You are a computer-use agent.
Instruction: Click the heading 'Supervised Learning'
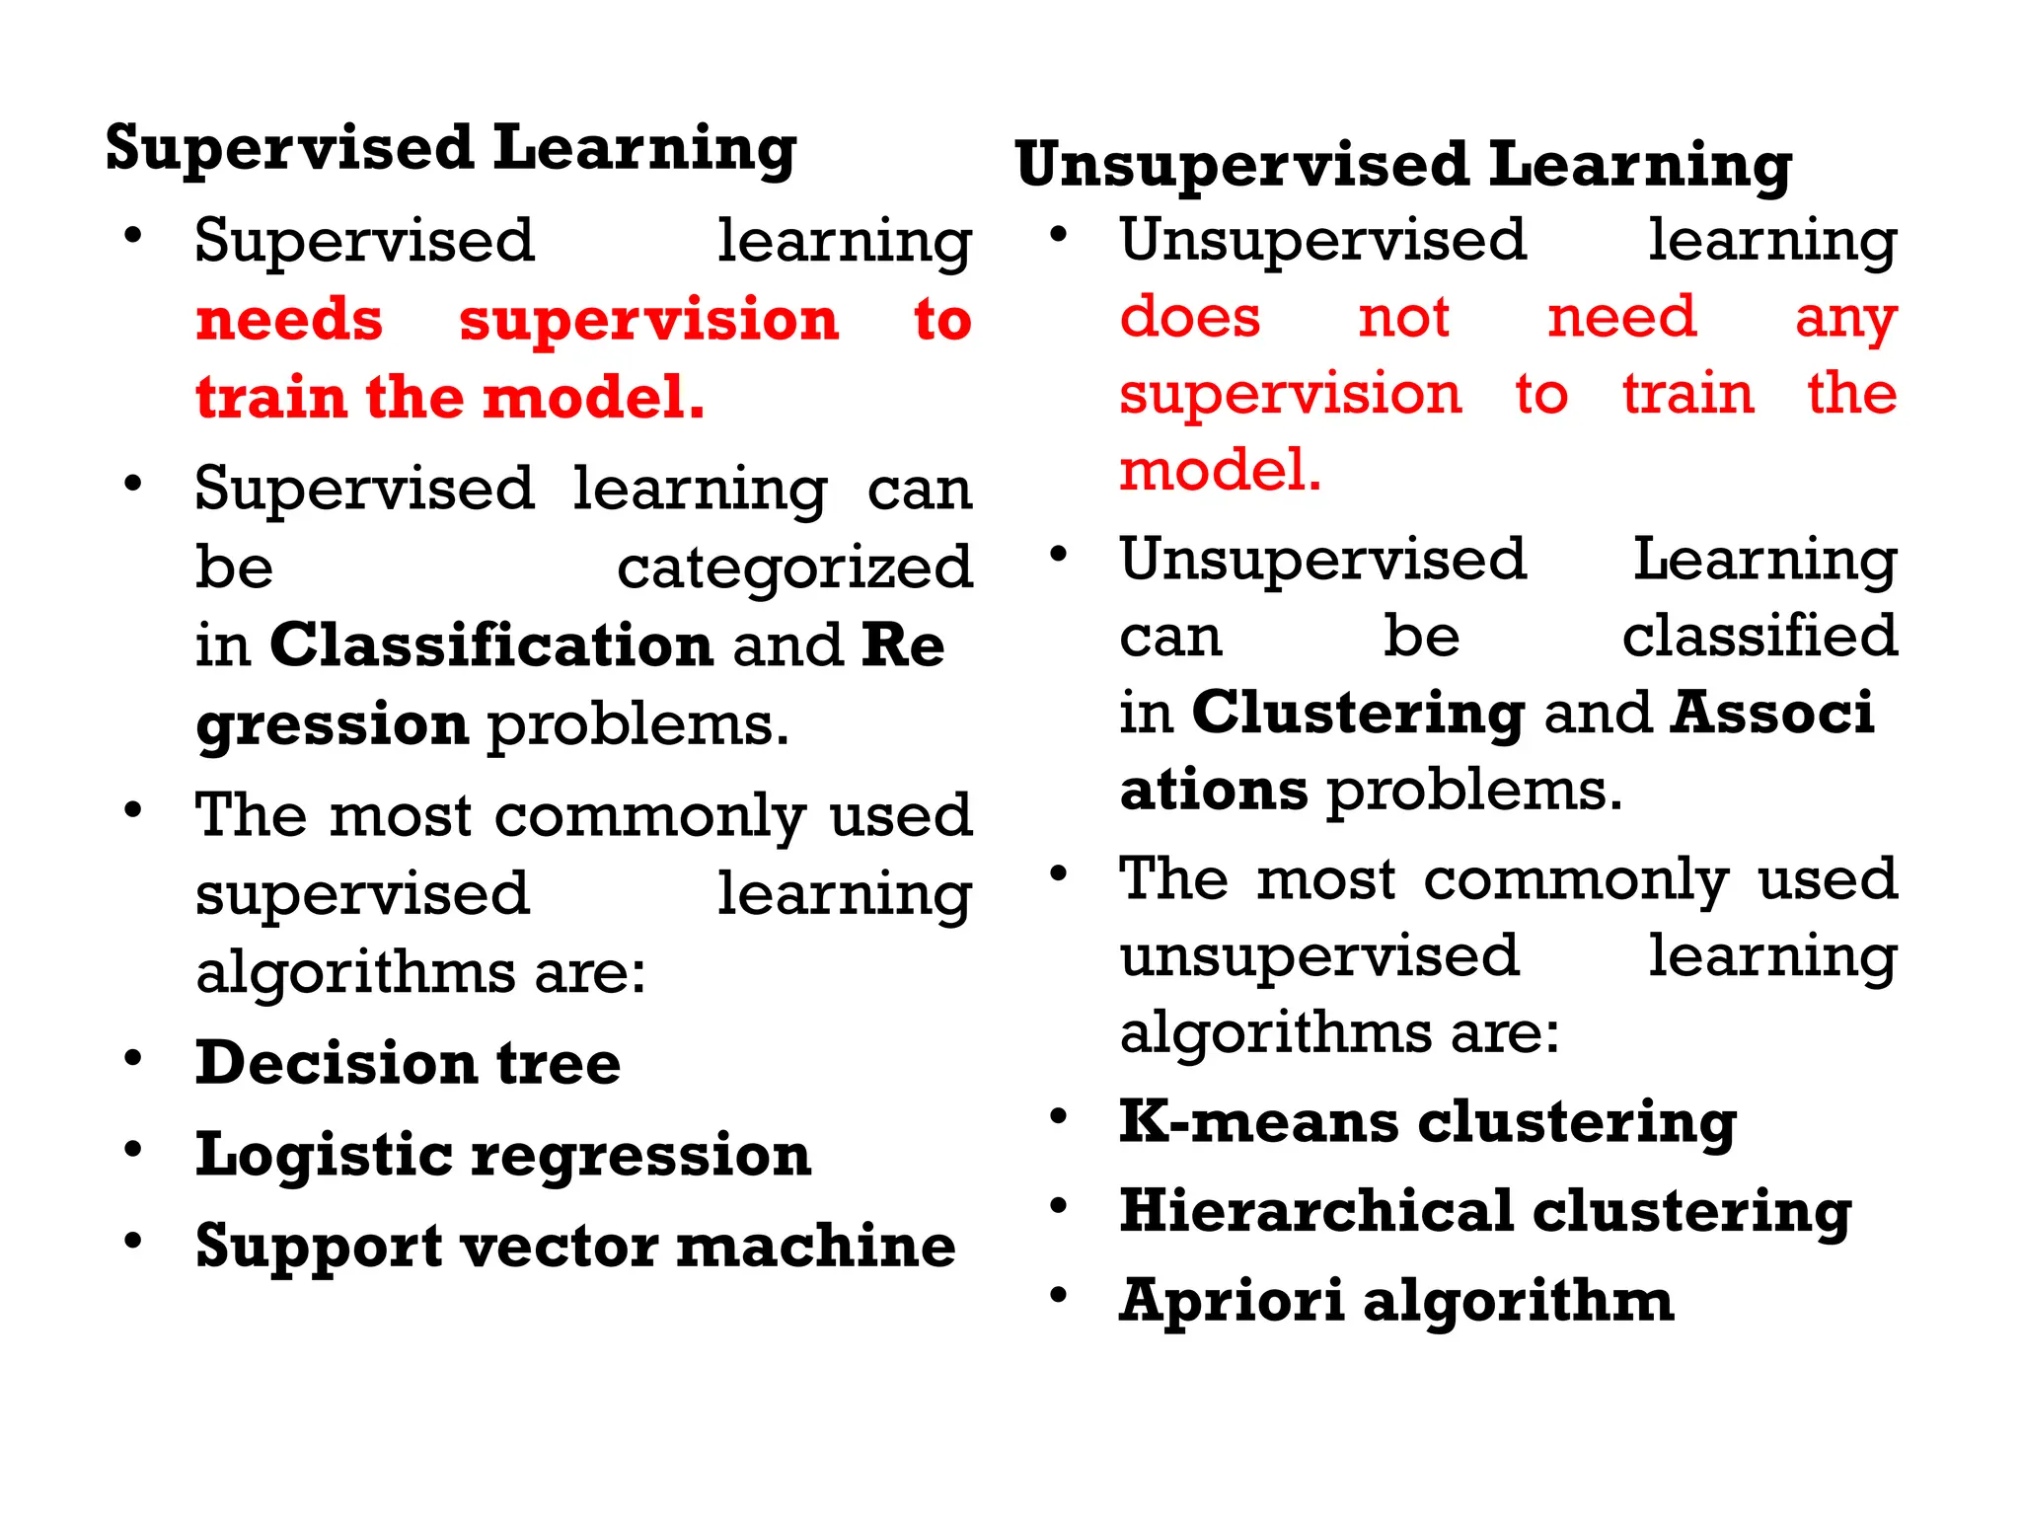[x=451, y=148]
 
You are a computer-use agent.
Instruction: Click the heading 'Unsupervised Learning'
[x=1403, y=164]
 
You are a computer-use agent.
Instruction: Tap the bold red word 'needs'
[x=289, y=320]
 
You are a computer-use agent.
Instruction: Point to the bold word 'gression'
[x=332, y=724]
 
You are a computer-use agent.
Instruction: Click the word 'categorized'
[x=794, y=568]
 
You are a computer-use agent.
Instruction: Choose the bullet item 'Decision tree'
[x=408, y=1063]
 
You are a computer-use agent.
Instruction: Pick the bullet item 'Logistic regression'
[x=503, y=1154]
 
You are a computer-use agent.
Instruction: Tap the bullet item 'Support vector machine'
[x=575, y=1246]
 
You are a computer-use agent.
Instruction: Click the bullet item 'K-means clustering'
[x=1427, y=1122]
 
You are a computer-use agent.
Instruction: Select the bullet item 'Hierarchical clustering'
[x=1485, y=1211]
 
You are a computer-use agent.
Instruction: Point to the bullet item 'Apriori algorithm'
[x=1396, y=1300]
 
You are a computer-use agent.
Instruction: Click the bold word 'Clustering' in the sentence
[x=1358, y=713]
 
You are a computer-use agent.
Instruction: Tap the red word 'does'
[x=1190, y=317]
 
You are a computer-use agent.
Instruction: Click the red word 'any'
[x=1845, y=319]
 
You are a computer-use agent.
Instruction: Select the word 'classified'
[x=1759, y=635]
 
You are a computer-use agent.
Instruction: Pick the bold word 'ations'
[x=1214, y=790]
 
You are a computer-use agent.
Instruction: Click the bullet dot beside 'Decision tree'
[x=133, y=1058]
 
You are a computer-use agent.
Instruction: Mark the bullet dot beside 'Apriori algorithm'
[x=1059, y=1295]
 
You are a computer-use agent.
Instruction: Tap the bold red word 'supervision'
[x=648, y=320]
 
